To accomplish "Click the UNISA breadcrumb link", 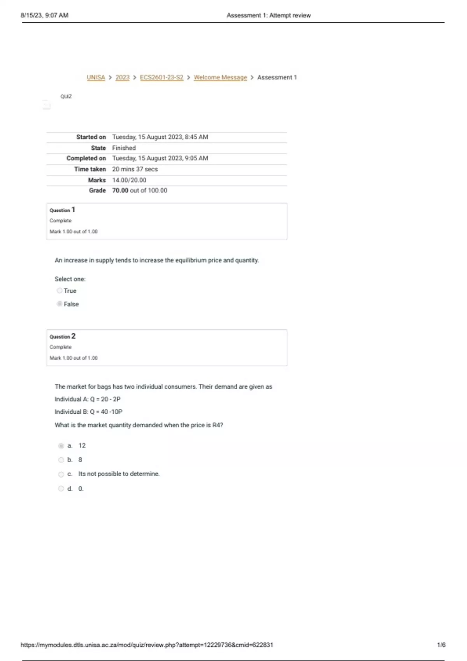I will tap(96, 77).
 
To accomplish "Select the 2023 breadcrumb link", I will tap(122, 77).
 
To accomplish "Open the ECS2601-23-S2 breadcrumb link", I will tap(162, 77).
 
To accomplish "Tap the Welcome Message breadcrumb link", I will tap(220, 77).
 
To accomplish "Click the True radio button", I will tap(60, 290).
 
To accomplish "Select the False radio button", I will tap(60, 304).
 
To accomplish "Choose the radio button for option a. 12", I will tap(61, 446).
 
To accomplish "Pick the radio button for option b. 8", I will tap(61, 460).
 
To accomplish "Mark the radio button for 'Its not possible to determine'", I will tap(61, 474).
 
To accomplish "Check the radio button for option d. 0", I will tap(61, 489).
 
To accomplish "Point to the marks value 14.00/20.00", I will tap(129, 180).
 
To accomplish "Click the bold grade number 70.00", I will tap(120, 191).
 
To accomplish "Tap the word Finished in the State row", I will tap(124, 148).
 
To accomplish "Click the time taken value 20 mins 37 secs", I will tap(135, 169).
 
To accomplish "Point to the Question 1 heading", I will tap(62, 210).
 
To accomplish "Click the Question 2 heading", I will tap(62, 336).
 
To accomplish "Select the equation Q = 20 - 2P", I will tap(105, 399).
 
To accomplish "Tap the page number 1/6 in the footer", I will tap(441, 645).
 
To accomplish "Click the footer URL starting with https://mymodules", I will tap(147, 645).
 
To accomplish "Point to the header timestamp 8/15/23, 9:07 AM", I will tap(44, 15).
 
